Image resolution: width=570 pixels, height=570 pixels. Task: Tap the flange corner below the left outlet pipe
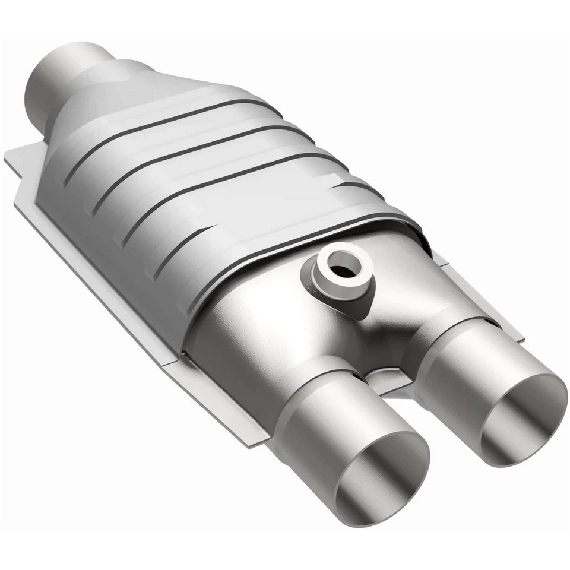tap(249, 436)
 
